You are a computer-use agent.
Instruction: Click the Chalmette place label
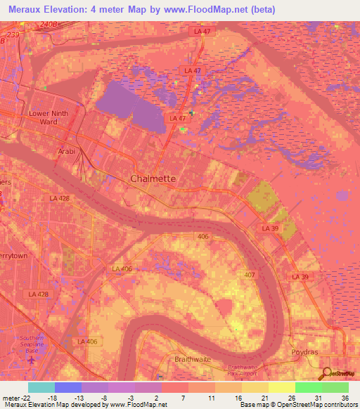tap(153, 179)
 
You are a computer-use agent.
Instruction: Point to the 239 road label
tap(12, 33)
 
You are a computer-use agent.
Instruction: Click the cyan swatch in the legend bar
tap(41, 387)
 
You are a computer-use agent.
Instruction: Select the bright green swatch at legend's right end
tap(335, 387)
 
